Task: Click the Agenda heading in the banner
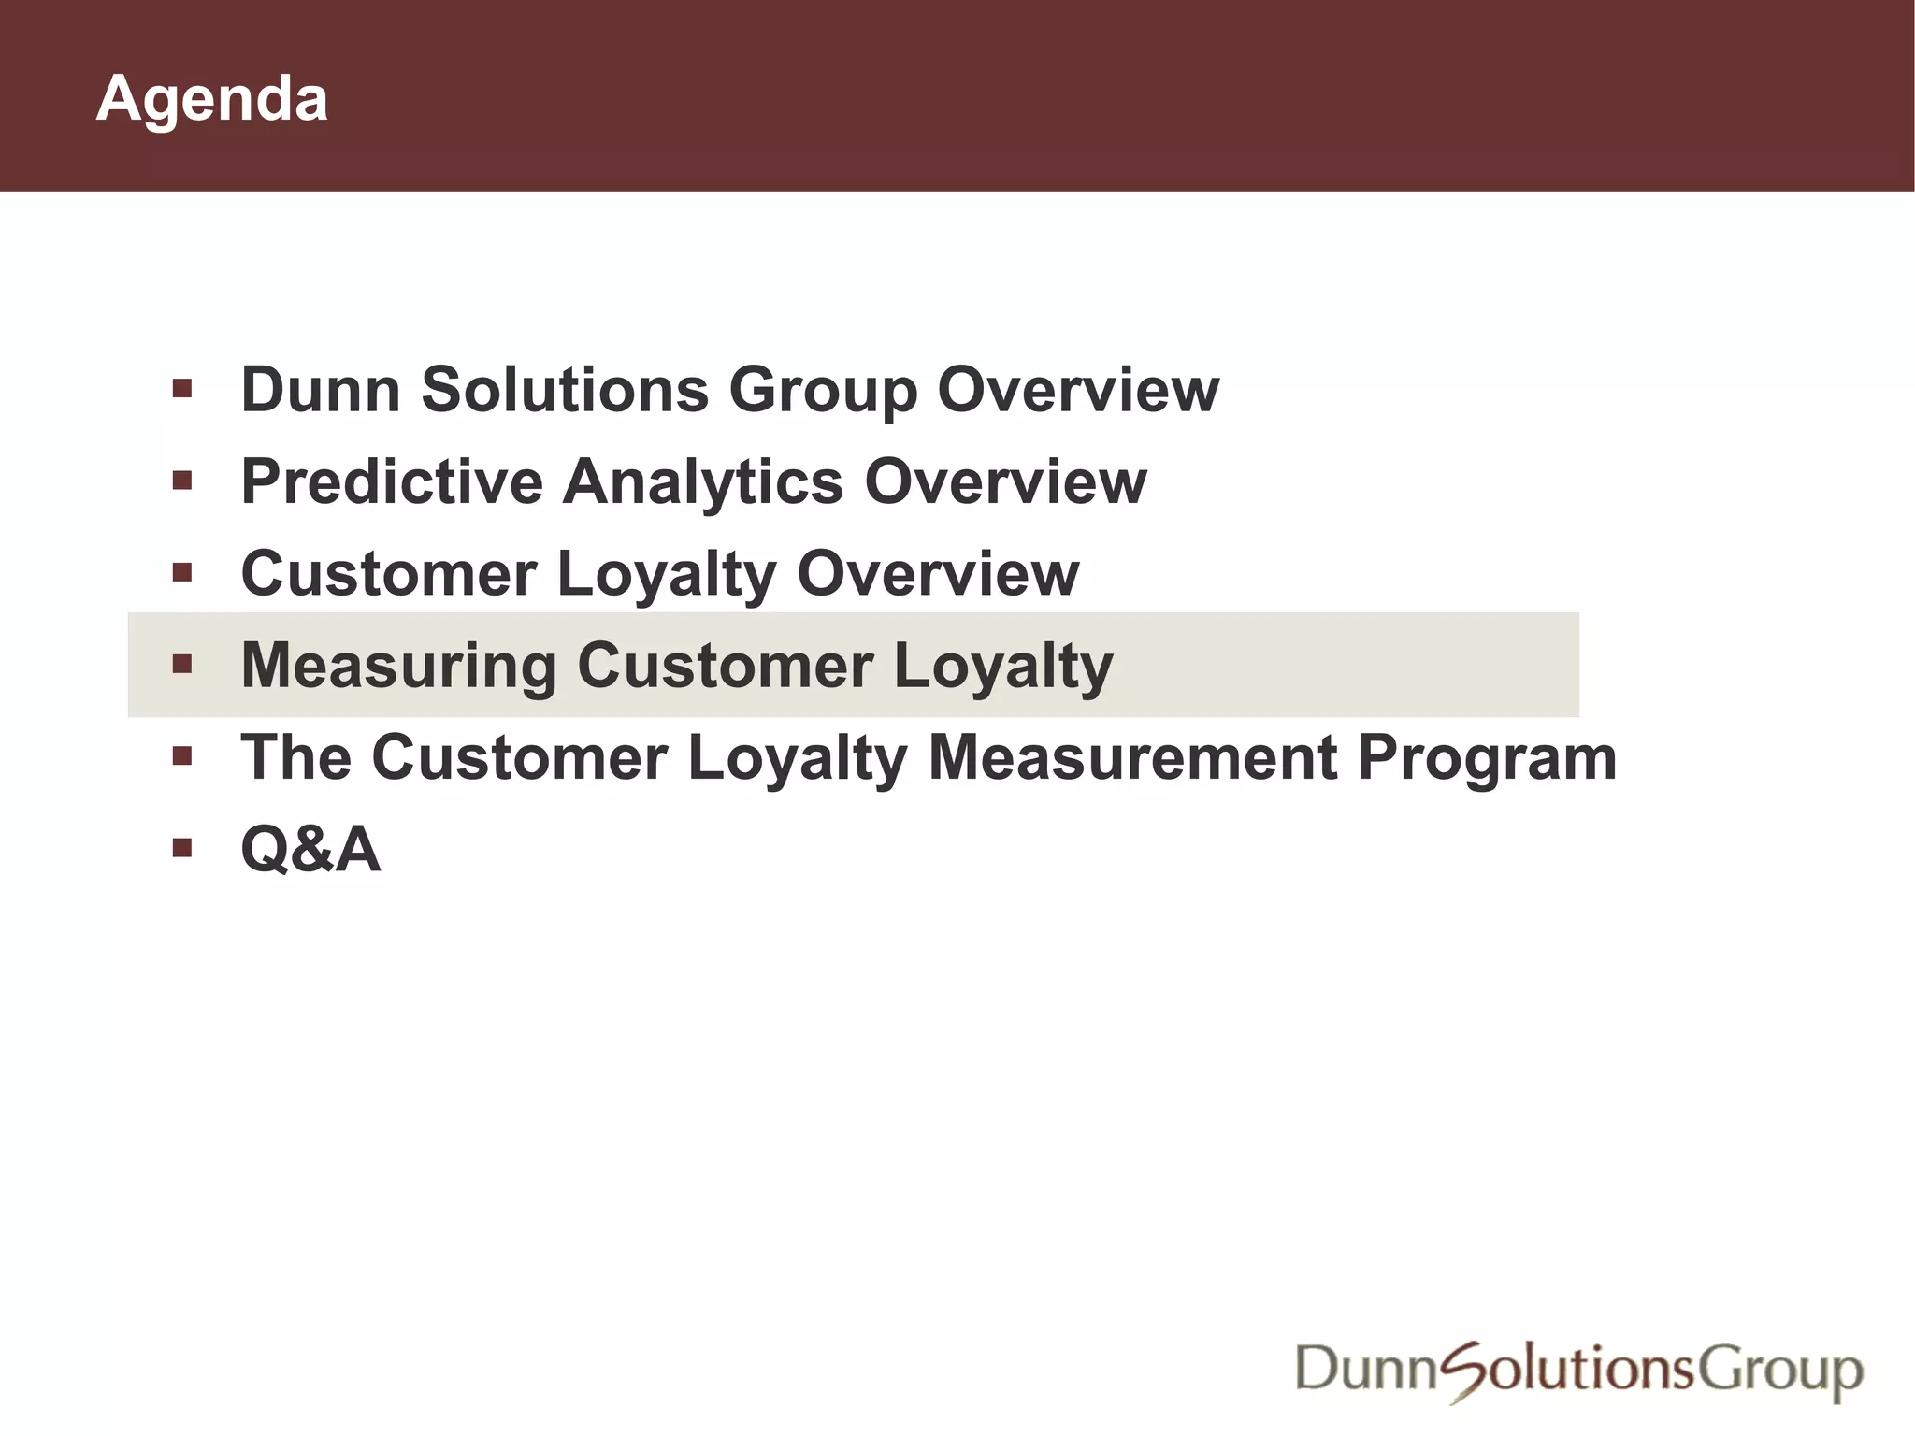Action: click(x=211, y=99)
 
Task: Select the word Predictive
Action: click(x=392, y=481)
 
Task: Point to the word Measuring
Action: click(x=399, y=666)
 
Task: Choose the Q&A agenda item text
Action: click(x=310, y=849)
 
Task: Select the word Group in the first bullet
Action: click(x=823, y=391)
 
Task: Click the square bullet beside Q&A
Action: click(x=182, y=848)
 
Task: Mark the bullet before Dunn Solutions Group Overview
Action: click(x=182, y=388)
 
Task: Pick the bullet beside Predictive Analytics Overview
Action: click(x=182, y=481)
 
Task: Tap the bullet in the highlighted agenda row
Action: click(x=182, y=665)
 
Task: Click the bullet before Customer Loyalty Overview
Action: click(x=182, y=572)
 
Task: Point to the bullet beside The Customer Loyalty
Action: click(x=182, y=755)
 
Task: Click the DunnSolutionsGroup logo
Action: click(x=1578, y=1371)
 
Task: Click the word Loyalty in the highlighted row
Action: click(x=1003, y=668)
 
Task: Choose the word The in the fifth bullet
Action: click(x=296, y=757)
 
